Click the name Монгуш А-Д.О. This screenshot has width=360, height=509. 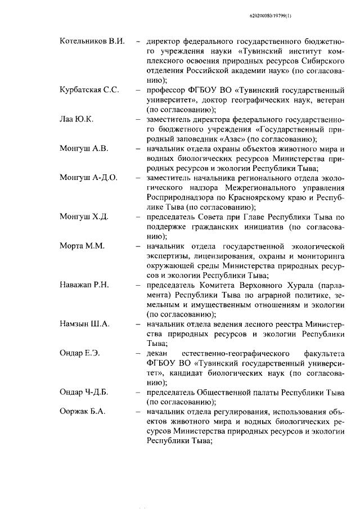[88, 178]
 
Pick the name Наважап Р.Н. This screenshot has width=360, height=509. [84, 285]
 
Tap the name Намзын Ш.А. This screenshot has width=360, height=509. [84, 324]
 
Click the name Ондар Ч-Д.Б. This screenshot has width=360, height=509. [87, 392]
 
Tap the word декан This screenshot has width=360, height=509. [157, 353]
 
